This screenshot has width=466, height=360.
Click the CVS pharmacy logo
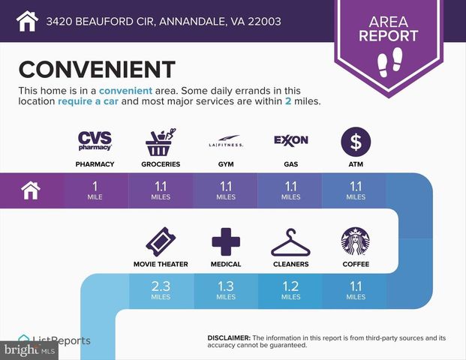[x=95, y=140]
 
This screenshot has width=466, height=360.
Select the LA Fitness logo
[x=226, y=143]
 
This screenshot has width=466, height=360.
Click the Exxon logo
[x=290, y=140]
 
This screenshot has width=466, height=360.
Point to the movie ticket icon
[x=161, y=241]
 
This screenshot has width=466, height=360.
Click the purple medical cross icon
[x=226, y=241]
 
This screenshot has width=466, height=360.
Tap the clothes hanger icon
[x=290, y=242]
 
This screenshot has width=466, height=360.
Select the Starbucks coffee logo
[x=356, y=241]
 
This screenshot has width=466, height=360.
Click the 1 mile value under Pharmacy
[x=95, y=191]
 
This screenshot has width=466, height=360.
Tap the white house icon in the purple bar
[x=32, y=191]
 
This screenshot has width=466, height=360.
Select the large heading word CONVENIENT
[x=97, y=69]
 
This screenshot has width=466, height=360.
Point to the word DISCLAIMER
[x=229, y=338]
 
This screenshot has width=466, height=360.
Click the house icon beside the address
[x=27, y=21]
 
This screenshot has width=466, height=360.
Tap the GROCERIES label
[x=161, y=163]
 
